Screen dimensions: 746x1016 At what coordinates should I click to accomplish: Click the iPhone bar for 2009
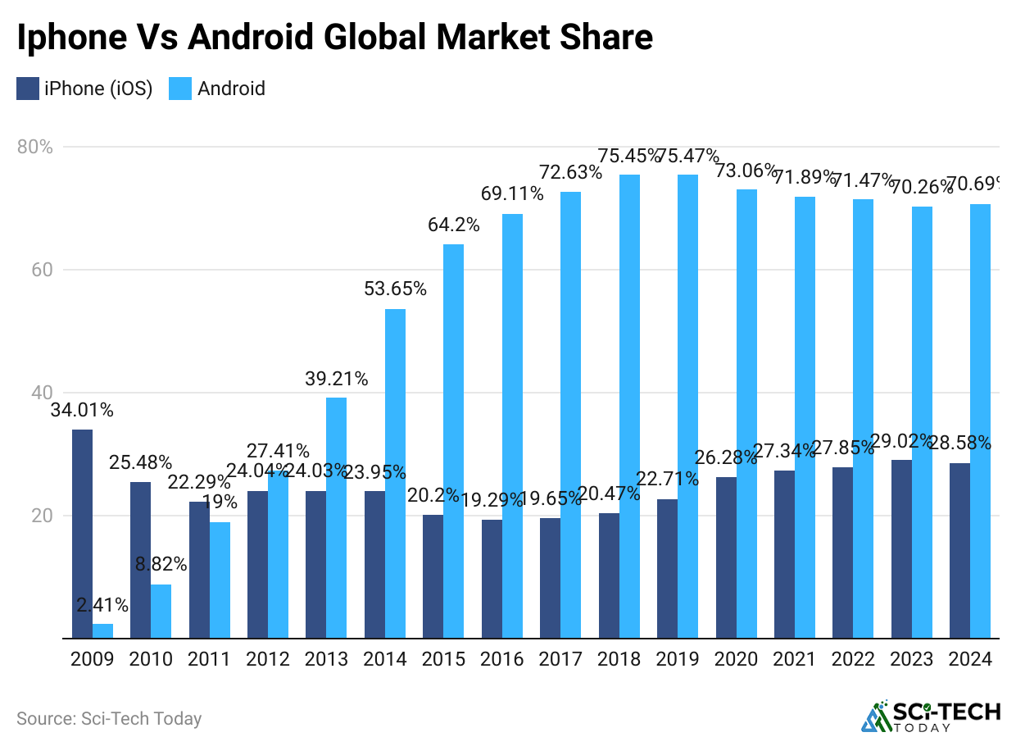82,534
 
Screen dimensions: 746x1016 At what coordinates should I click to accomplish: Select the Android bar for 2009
102,630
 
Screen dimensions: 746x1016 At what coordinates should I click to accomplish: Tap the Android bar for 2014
395,473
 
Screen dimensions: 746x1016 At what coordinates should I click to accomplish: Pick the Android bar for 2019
687,406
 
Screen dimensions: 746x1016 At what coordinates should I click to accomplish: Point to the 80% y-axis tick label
34,148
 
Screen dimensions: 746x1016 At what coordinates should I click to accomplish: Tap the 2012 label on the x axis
268,659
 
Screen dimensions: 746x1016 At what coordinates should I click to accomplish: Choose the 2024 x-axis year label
970,659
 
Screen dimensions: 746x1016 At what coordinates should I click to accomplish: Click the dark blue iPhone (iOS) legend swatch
27,89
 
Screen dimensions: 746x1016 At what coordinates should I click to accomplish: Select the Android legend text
231,89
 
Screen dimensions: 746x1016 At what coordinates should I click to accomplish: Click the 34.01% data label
82,410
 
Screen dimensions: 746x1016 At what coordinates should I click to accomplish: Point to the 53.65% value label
395,289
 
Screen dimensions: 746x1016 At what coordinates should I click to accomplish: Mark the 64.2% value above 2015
453,225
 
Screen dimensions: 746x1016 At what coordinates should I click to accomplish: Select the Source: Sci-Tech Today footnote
109,719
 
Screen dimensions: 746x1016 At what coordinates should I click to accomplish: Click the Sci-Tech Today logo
930,716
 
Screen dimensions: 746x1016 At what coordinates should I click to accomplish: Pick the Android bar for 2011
220,580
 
